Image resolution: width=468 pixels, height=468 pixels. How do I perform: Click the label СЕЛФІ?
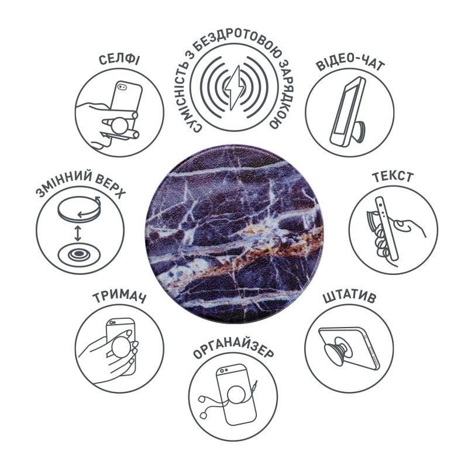119,60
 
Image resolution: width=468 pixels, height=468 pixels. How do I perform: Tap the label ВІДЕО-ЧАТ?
350,63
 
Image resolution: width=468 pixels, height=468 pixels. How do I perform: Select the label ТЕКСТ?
393,177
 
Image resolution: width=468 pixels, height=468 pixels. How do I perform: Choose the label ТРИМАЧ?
119,297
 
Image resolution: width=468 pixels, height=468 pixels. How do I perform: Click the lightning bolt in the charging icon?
235,88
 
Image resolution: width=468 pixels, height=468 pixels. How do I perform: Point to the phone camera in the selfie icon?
122,87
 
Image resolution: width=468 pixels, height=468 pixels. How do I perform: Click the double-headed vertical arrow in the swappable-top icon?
78,233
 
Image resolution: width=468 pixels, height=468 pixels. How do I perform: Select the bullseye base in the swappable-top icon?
78,254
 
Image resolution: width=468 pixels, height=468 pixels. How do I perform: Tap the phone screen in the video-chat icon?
346,109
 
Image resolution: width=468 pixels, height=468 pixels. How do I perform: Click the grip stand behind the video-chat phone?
360,130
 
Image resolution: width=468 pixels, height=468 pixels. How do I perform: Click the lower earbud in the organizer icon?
204,415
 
